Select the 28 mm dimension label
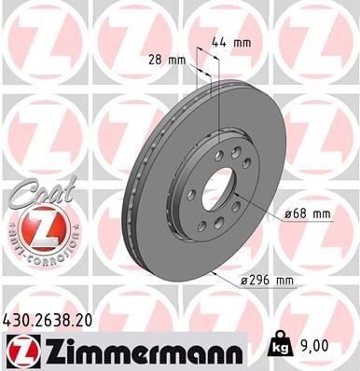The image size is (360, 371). (x=167, y=60)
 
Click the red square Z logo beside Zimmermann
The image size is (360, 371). (x=19, y=351)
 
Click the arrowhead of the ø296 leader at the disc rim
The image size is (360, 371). (x=214, y=271)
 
